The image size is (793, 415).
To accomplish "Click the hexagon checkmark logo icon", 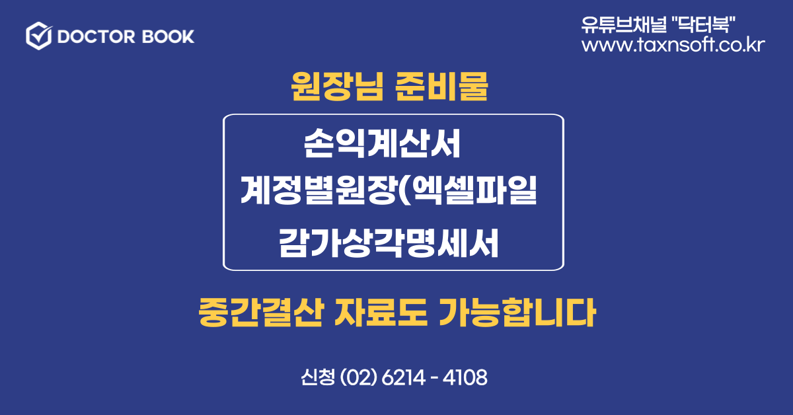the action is pos(39,36).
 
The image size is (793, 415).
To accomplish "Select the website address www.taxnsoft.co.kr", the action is pos(673,45).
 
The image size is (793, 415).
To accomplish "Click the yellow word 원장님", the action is pos(337,86).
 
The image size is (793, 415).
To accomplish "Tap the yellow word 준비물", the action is pos(441,86).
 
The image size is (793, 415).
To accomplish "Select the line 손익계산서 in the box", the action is pos(382,143).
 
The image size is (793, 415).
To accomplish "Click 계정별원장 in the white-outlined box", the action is pos(318,190).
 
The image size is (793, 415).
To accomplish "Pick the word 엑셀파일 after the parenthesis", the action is pos(474,190).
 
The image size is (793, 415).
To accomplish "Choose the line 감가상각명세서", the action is pos(389,243).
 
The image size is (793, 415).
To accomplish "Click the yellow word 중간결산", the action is pos(261,313).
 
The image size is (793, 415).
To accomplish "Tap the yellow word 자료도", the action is pos(381,313).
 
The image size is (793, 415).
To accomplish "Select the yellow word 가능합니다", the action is pos(517,313).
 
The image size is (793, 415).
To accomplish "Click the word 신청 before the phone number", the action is pos(318,377).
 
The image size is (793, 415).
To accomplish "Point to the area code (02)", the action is pos(358,377).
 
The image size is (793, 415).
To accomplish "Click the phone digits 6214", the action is pos(404,377).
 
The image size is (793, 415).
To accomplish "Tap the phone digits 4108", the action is pos(465,377).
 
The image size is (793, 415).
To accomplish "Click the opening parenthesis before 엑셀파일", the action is pos(404,190).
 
